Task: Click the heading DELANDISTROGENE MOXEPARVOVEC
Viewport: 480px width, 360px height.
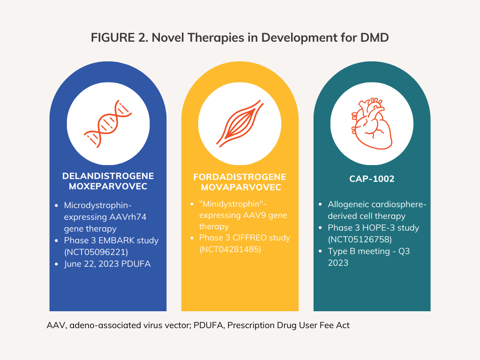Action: pos(108,181)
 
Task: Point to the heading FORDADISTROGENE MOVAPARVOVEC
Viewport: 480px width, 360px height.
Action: pos(240,182)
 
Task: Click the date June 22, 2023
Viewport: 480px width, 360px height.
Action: pos(90,264)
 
